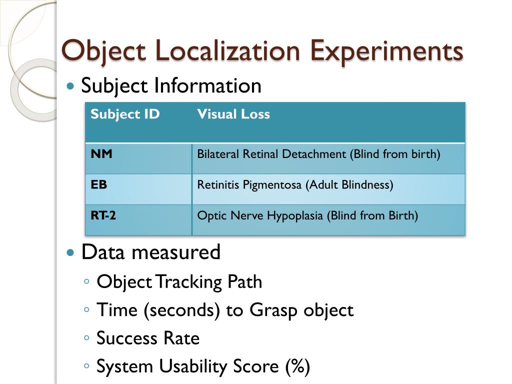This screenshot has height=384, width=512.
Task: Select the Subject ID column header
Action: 125,114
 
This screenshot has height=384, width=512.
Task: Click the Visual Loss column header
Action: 233,114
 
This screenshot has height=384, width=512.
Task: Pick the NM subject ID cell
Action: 101,154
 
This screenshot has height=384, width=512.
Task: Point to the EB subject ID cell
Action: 99,185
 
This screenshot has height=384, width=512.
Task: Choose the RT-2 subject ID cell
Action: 103,216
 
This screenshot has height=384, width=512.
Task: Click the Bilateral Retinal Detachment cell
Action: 318,154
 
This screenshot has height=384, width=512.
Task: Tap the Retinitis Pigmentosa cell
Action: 295,185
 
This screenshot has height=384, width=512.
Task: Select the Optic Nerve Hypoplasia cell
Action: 307,216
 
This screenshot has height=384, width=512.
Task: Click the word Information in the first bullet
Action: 207,86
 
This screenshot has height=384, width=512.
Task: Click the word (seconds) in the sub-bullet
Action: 182,310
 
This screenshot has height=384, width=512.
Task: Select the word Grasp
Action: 273,310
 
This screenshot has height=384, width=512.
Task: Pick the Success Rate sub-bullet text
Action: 148,338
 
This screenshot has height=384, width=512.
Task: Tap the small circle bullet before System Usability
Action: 87,366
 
